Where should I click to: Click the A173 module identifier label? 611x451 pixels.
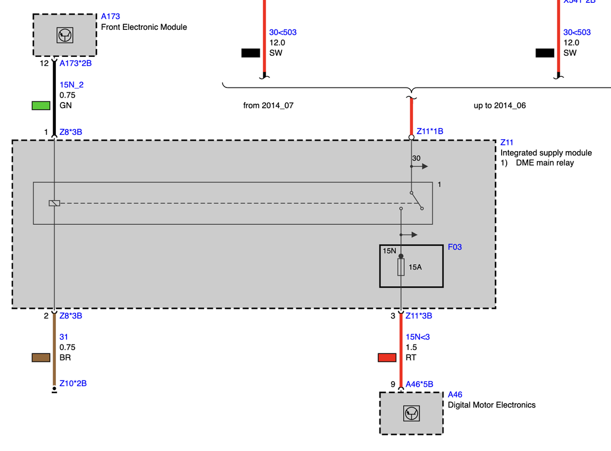(x=110, y=16)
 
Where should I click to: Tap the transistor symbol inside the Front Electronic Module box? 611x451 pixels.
(x=64, y=35)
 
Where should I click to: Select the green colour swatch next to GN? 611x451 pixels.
(x=41, y=105)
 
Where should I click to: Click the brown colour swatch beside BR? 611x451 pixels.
(x=41, y=357)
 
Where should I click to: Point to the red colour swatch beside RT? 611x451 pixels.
(x=387, y=357)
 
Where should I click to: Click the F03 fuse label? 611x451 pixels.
(x=454, y=247)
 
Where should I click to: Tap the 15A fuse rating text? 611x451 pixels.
(x=415, y=267)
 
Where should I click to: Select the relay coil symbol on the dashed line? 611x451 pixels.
(x=54, y=203)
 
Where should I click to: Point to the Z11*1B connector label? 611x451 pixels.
(x=430, y=131)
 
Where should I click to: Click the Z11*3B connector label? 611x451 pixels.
(x=419, y=316)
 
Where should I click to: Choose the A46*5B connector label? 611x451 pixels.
(x=419, y=384)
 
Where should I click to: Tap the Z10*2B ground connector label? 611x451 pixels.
(x=73, y=383)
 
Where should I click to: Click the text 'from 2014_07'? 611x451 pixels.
(x=268, y=105)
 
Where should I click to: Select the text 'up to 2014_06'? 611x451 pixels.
(x=499, y=105)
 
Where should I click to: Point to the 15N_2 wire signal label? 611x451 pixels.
(x=72, y=85)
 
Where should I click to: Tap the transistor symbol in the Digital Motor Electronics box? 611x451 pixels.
(x=411, y=414)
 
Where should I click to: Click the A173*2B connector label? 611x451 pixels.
(x=76, y=63)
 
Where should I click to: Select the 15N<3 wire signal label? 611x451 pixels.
(x=418, y=337)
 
